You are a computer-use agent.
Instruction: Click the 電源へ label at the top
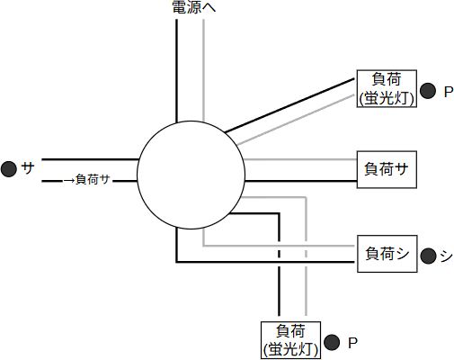(193, 8)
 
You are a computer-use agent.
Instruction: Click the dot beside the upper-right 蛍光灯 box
(428, 91)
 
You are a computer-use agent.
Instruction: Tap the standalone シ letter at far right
(446, 255)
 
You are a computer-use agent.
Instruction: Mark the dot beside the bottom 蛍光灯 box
(332, 342)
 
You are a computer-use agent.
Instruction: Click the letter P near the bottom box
(352, 342)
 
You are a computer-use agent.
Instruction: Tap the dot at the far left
(10, 168)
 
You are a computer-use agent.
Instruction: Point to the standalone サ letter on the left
(28, 168)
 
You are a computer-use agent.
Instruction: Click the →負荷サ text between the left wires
(87, 180)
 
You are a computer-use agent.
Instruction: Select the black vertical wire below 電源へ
(176, 72)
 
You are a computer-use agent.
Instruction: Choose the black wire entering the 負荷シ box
(270, 261)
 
